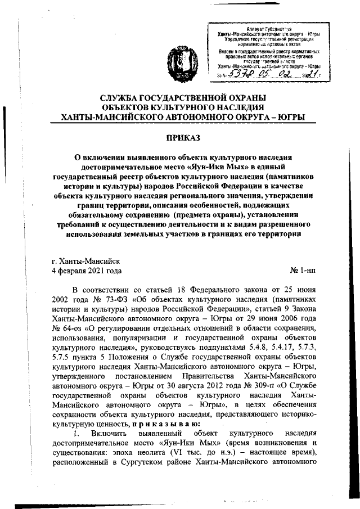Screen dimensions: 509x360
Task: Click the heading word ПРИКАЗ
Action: [179, 137]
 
